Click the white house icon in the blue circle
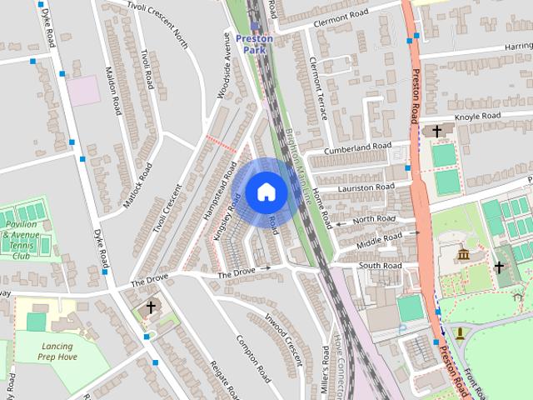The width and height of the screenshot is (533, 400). pos(266,192)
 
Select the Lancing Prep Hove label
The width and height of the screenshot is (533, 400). pos(57,352)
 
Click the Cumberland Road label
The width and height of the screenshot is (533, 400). pos(359,147)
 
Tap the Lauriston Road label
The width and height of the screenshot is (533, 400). pos(362,187)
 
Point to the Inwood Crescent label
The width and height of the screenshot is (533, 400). pos(281,341)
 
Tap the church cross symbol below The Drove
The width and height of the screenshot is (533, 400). pos(151,307)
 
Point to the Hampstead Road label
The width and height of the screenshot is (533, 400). pos(216,176)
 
